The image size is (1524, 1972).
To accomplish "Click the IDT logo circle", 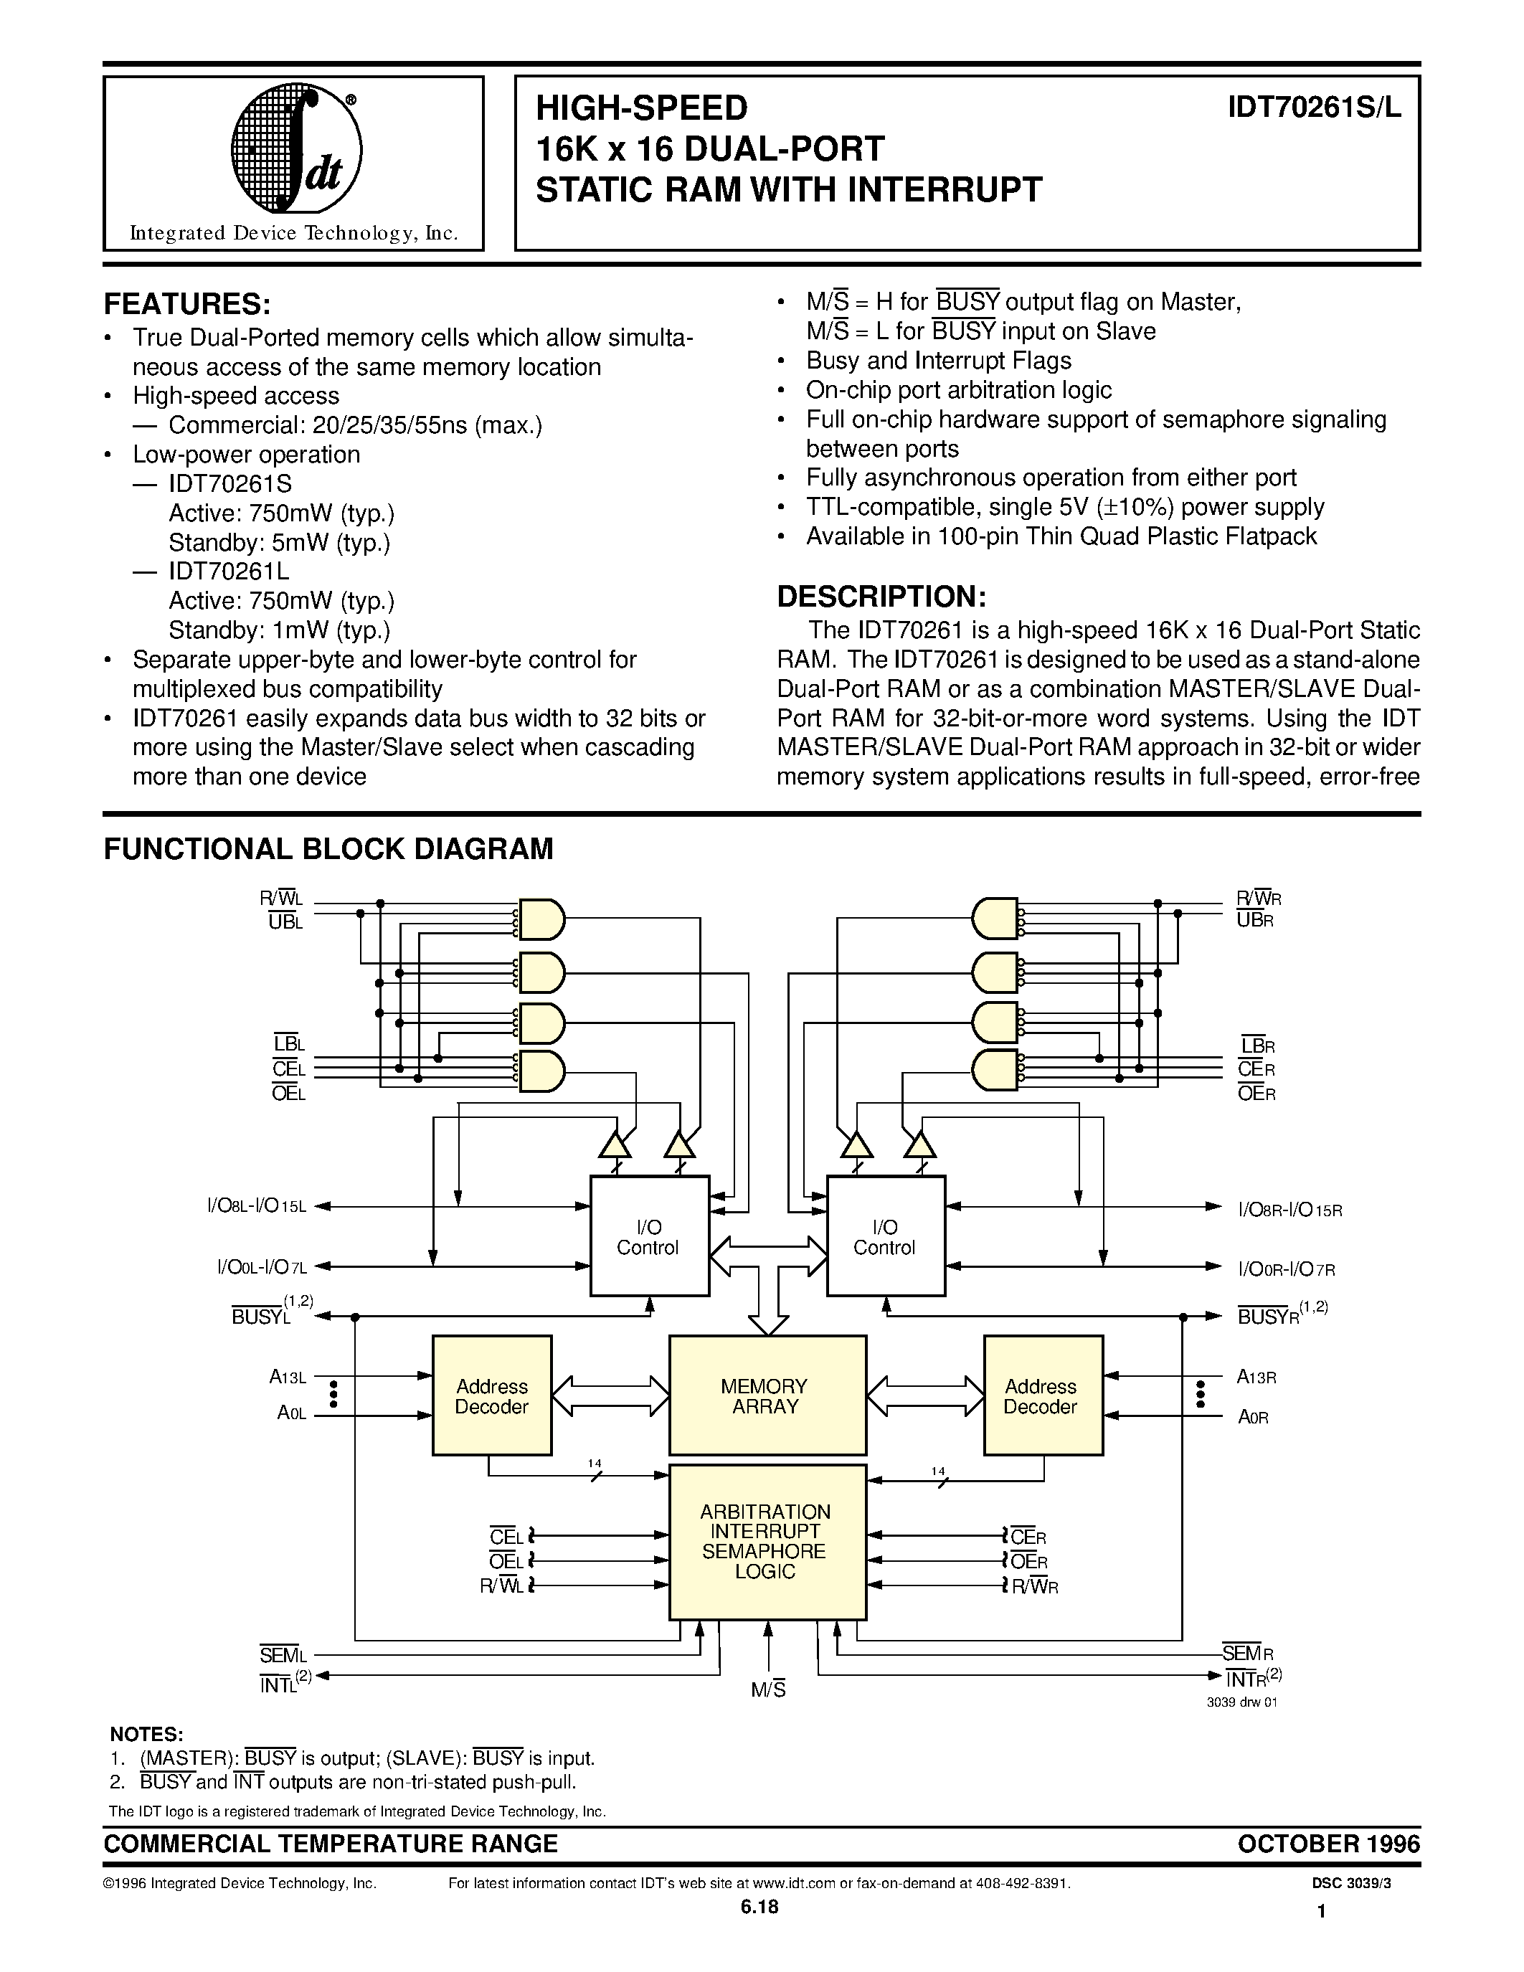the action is [297, 150].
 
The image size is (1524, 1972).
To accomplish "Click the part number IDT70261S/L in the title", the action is [1314, 108].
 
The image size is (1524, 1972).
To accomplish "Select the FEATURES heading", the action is [188, 303].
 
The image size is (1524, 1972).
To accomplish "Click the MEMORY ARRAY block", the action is [767, 1395].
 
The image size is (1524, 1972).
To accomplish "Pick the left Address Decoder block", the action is [492, 1395].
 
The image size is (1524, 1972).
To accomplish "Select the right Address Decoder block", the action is [1043, 1395].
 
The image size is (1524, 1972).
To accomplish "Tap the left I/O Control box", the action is [649, 1236].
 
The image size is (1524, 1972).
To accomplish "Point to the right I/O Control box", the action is [886, 1236].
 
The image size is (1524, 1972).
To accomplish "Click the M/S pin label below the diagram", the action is [768, 1689].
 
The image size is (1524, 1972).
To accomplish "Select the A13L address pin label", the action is [288, 1377].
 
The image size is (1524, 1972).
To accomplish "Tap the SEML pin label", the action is [283, 1655].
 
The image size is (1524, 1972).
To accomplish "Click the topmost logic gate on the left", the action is [540, 920].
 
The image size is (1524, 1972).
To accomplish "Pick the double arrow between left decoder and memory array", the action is [610, 1395].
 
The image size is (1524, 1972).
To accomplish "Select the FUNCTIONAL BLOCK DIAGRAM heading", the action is [328, 850].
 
